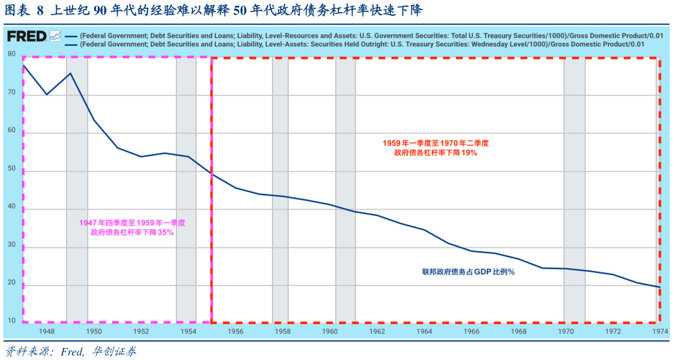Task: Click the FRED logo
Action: pyautogui.click(x=27, y=36)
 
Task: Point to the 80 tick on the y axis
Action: pyautogui.click(x=11, y=54)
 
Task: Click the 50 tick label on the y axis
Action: pyautogui.click(x=11, y=171)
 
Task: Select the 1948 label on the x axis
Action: pyautogui.click(x=46, y=331)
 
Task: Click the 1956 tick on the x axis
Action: pyautogui.click(x=235, y=331)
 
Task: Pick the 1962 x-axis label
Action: pyautogui.click(x=377, y=331)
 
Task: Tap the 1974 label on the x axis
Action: pyautogui.click(x=660, y=331)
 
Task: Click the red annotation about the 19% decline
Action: pyautogui.click(x=436, y=148)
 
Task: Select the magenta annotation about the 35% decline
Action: pyautogui.click(x=132, y=227)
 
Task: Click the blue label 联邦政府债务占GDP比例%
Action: pyautogui.click(x=468, y=272)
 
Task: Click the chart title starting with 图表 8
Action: pyautogui.click(x=215, y=11)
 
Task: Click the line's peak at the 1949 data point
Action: pyautogui.click(x=70, y=73)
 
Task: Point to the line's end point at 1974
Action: pyautogui.click(x=660, y=287)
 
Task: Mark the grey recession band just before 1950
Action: pyautogui.click(x=77, y=189)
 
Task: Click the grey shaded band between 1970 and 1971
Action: pyautogui.click(x=575, y=189)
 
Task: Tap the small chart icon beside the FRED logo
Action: pyautogui.click(x=55, y=36)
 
